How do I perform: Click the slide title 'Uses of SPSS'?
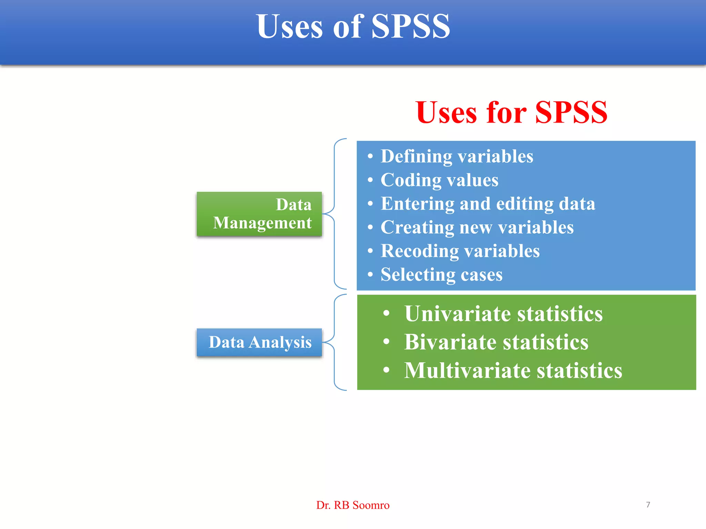[x=353, y=27]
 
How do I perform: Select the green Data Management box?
[x=259, y=214]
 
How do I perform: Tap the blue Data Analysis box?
[x=259, y=342]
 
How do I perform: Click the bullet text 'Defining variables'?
[x=457, y=156]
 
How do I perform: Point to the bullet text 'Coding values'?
[x=439, y=180]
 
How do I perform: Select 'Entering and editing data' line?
[x=488, y=204]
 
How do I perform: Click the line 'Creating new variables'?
[x=477, y=227]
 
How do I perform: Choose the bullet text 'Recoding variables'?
[x=460, y=251]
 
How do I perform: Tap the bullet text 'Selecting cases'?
[x=441, y=274]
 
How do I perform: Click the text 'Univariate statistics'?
[x=503, y=314]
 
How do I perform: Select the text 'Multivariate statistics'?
[x=513, y=371]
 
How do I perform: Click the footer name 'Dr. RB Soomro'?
[x=353, y=505]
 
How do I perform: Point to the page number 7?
[x=648, y=505]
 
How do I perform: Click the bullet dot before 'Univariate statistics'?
[x=386, y=313]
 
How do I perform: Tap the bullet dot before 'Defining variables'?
[x=370, y=157]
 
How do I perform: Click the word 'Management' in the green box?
[x=262, y=223]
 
